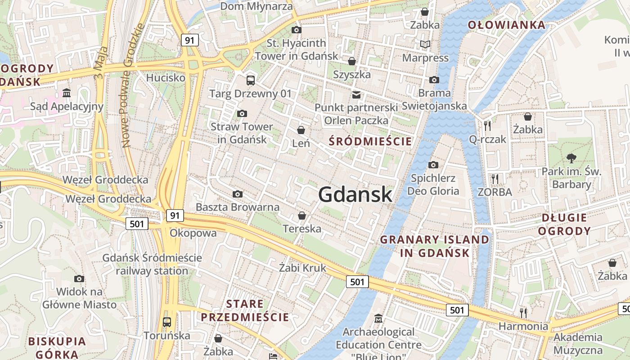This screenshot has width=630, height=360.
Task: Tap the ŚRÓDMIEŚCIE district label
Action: click(x=370, y=141)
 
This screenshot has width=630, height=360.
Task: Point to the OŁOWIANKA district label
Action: click(x=507, y=25)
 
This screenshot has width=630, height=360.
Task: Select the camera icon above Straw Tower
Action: click(x=242, y=113)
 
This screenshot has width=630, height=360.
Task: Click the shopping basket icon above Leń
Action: click(x=301, y=130)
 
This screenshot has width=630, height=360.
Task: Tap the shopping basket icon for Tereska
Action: click(x=302, y=216)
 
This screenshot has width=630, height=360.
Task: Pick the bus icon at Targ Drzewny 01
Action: click(x=250, y=81)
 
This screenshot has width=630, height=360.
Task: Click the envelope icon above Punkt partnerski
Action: click(x=356, y=94)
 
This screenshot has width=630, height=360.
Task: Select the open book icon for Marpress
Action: click(x=425, y=44)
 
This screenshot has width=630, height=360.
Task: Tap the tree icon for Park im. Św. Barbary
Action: click(x=571, y=158)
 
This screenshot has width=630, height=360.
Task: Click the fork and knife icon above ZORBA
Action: click(x=495, y=179)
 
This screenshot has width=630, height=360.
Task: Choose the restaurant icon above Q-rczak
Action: click(x=487, y=126)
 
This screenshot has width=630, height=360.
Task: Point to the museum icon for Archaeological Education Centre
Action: click(x=378, y=319)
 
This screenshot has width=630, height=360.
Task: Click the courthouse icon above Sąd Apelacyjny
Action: click(x=67, y=93)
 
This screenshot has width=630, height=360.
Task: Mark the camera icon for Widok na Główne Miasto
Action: click(x=79, y=279)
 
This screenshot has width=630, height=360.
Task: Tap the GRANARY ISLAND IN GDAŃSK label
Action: click(x=435, y=246)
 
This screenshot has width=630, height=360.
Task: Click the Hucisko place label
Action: click(x=166, y=77)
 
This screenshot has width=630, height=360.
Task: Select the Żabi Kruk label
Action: click(x=302, y=268)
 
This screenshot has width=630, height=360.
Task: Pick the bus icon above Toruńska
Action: click(x=167, y=322)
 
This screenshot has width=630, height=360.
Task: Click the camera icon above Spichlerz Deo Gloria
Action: click(x=433, y=165)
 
